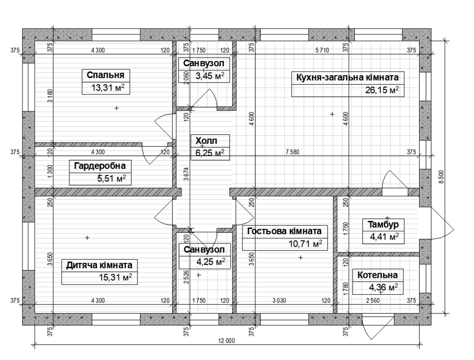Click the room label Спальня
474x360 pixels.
[x=106, y=75]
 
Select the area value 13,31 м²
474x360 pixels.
[x=108, y=88]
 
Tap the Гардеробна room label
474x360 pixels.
[x=100, y=166]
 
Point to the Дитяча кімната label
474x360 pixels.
[x=99, y=265]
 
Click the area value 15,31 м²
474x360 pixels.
[x=116, y=277]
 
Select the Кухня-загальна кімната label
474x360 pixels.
[x=347, y=77]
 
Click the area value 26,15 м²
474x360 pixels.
[x=382, y=90]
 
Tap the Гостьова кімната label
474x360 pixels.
[x=284, y=231]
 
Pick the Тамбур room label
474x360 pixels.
[x=383, y=224]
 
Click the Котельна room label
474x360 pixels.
[x=377, y=275]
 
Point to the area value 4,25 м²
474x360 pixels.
[x=211, y=262]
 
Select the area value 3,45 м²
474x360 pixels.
[x=210, y=75]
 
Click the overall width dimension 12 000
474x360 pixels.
[x=226, y=341]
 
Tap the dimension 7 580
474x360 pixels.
[x=292, y=152]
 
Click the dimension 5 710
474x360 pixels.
[x=322, y=50]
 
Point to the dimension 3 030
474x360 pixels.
[x=279, y=301]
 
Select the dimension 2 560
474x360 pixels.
[x=373, y=301]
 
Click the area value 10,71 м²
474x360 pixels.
[x=305, y=244]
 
